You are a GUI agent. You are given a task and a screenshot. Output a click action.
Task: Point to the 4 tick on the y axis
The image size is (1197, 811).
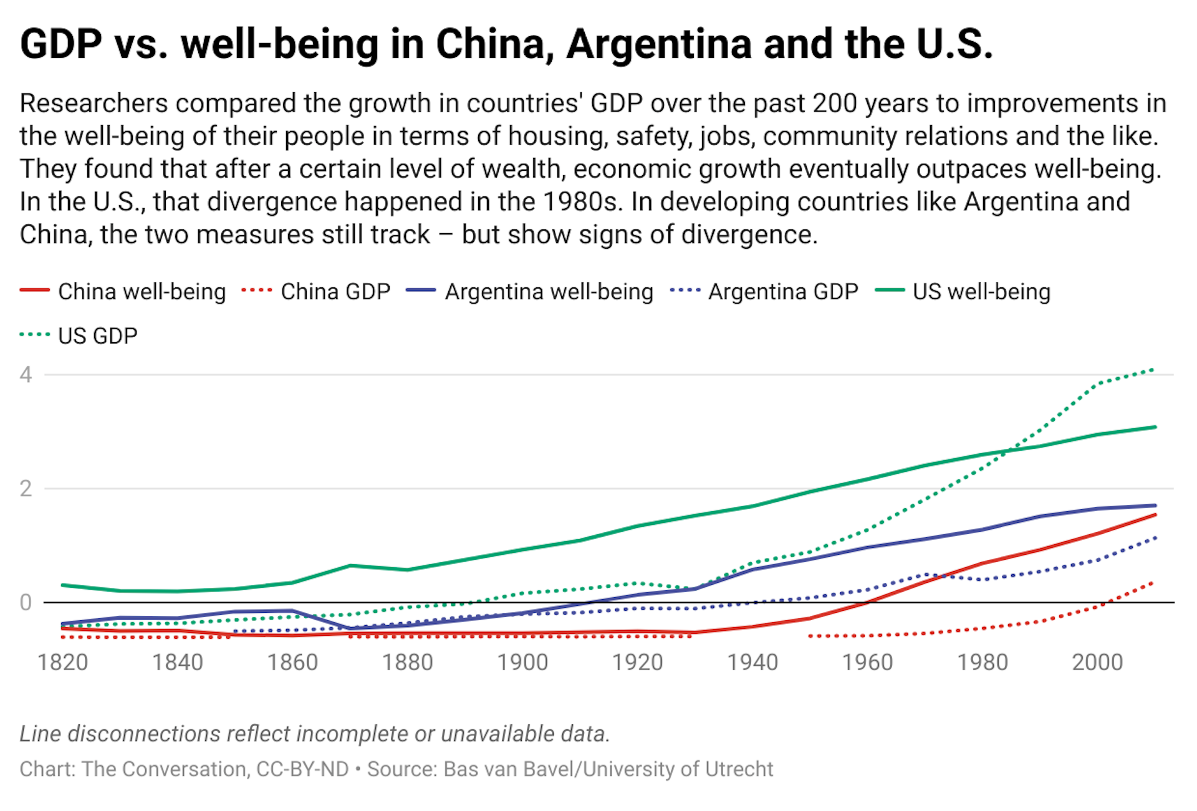coord(26,375)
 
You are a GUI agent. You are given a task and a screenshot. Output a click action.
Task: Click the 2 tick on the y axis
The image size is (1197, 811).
coord(26,489)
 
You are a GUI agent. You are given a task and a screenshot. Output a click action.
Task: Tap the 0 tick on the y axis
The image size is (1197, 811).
coord(26,603)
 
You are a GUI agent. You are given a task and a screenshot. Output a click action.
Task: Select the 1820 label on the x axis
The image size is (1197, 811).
coord(62,662)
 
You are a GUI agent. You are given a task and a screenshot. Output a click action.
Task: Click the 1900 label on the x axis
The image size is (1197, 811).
coord(522,662)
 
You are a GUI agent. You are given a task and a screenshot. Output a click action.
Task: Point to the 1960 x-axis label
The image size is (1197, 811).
coord(867,662)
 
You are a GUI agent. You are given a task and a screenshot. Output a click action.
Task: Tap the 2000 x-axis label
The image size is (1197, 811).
coord(1097,662)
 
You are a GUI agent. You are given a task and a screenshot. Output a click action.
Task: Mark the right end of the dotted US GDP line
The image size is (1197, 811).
coord(1153,370)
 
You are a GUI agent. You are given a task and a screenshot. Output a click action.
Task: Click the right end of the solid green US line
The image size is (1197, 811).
coord(1155,427)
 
